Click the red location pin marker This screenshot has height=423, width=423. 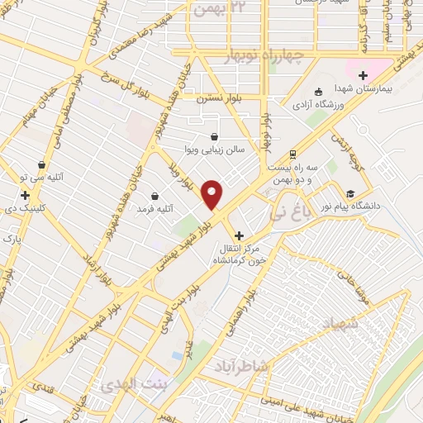(212, 194)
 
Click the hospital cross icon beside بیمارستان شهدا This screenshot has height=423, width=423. (362, 75)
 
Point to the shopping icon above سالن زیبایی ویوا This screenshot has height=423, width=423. (215, 137)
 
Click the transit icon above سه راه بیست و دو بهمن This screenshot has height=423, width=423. (292, 154)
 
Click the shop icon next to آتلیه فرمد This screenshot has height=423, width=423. (155, 196)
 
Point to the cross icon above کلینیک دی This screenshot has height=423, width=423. (26, 196)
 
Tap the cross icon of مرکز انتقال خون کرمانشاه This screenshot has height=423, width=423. (240, 235)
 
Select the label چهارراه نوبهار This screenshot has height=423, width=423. (266, 55)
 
